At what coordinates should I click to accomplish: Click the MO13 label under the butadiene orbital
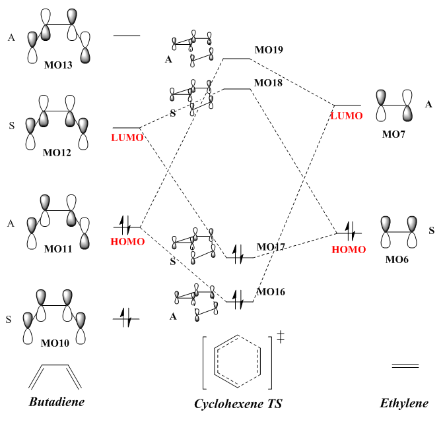(x=57, y=65)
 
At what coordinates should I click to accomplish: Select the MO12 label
(x=57, y=153)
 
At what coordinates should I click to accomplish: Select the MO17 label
(x=271, y=247)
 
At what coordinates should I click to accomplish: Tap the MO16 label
(x=271, y=291)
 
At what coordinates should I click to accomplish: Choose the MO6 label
(x=396, y=260)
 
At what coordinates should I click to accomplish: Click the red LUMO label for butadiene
(x=125, y=138)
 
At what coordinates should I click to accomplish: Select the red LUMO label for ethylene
(x=346, y=116)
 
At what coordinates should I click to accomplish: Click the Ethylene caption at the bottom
(x=404, y=403)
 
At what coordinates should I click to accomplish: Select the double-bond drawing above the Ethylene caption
(x=405, y=365)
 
